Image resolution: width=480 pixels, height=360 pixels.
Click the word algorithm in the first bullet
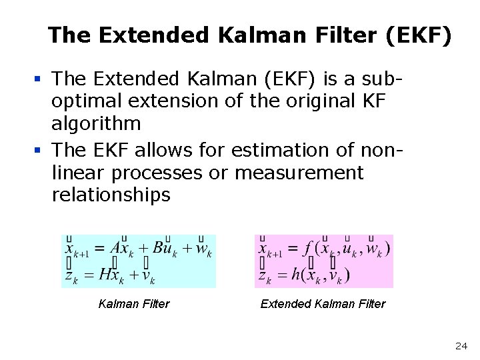coord(97,123)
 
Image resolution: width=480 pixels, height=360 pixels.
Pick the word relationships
coord(111,195)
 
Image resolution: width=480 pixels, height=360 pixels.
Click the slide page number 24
coord(461,346)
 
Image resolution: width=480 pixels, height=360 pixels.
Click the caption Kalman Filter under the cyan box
coord(133,304)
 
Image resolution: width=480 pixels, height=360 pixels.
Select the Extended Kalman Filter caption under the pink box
coord(323,304)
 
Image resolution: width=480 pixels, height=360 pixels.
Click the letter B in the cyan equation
coord(159,249)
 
